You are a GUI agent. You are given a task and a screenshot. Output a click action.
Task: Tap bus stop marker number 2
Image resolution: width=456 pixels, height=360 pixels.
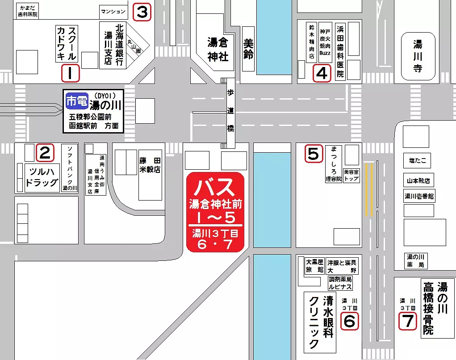(44, 153)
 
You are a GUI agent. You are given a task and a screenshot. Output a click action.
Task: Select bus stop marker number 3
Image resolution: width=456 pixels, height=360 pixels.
(142, 12)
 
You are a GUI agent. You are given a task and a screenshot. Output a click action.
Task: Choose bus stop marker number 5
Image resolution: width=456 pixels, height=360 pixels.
(314, 154)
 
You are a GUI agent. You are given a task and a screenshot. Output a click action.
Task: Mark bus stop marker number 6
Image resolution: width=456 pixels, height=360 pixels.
(349, 321)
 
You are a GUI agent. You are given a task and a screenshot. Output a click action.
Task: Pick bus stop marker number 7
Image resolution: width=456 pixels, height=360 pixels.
(408, 321)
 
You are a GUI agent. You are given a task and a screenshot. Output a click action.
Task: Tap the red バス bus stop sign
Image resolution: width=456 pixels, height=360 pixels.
(215, 212)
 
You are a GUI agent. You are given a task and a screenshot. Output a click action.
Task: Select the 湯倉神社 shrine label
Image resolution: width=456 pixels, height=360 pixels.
(218, 50)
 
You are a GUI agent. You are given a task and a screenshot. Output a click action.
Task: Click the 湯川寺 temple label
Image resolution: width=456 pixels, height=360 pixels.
(418, 56)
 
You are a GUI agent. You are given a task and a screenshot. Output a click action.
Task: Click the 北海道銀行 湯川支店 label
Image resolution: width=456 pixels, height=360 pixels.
(113, 45)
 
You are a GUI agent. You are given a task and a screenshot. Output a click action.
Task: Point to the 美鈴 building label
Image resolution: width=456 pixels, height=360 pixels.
(248, 49)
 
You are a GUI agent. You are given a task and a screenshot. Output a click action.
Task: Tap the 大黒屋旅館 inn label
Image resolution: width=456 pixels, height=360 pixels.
(314, 266)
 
